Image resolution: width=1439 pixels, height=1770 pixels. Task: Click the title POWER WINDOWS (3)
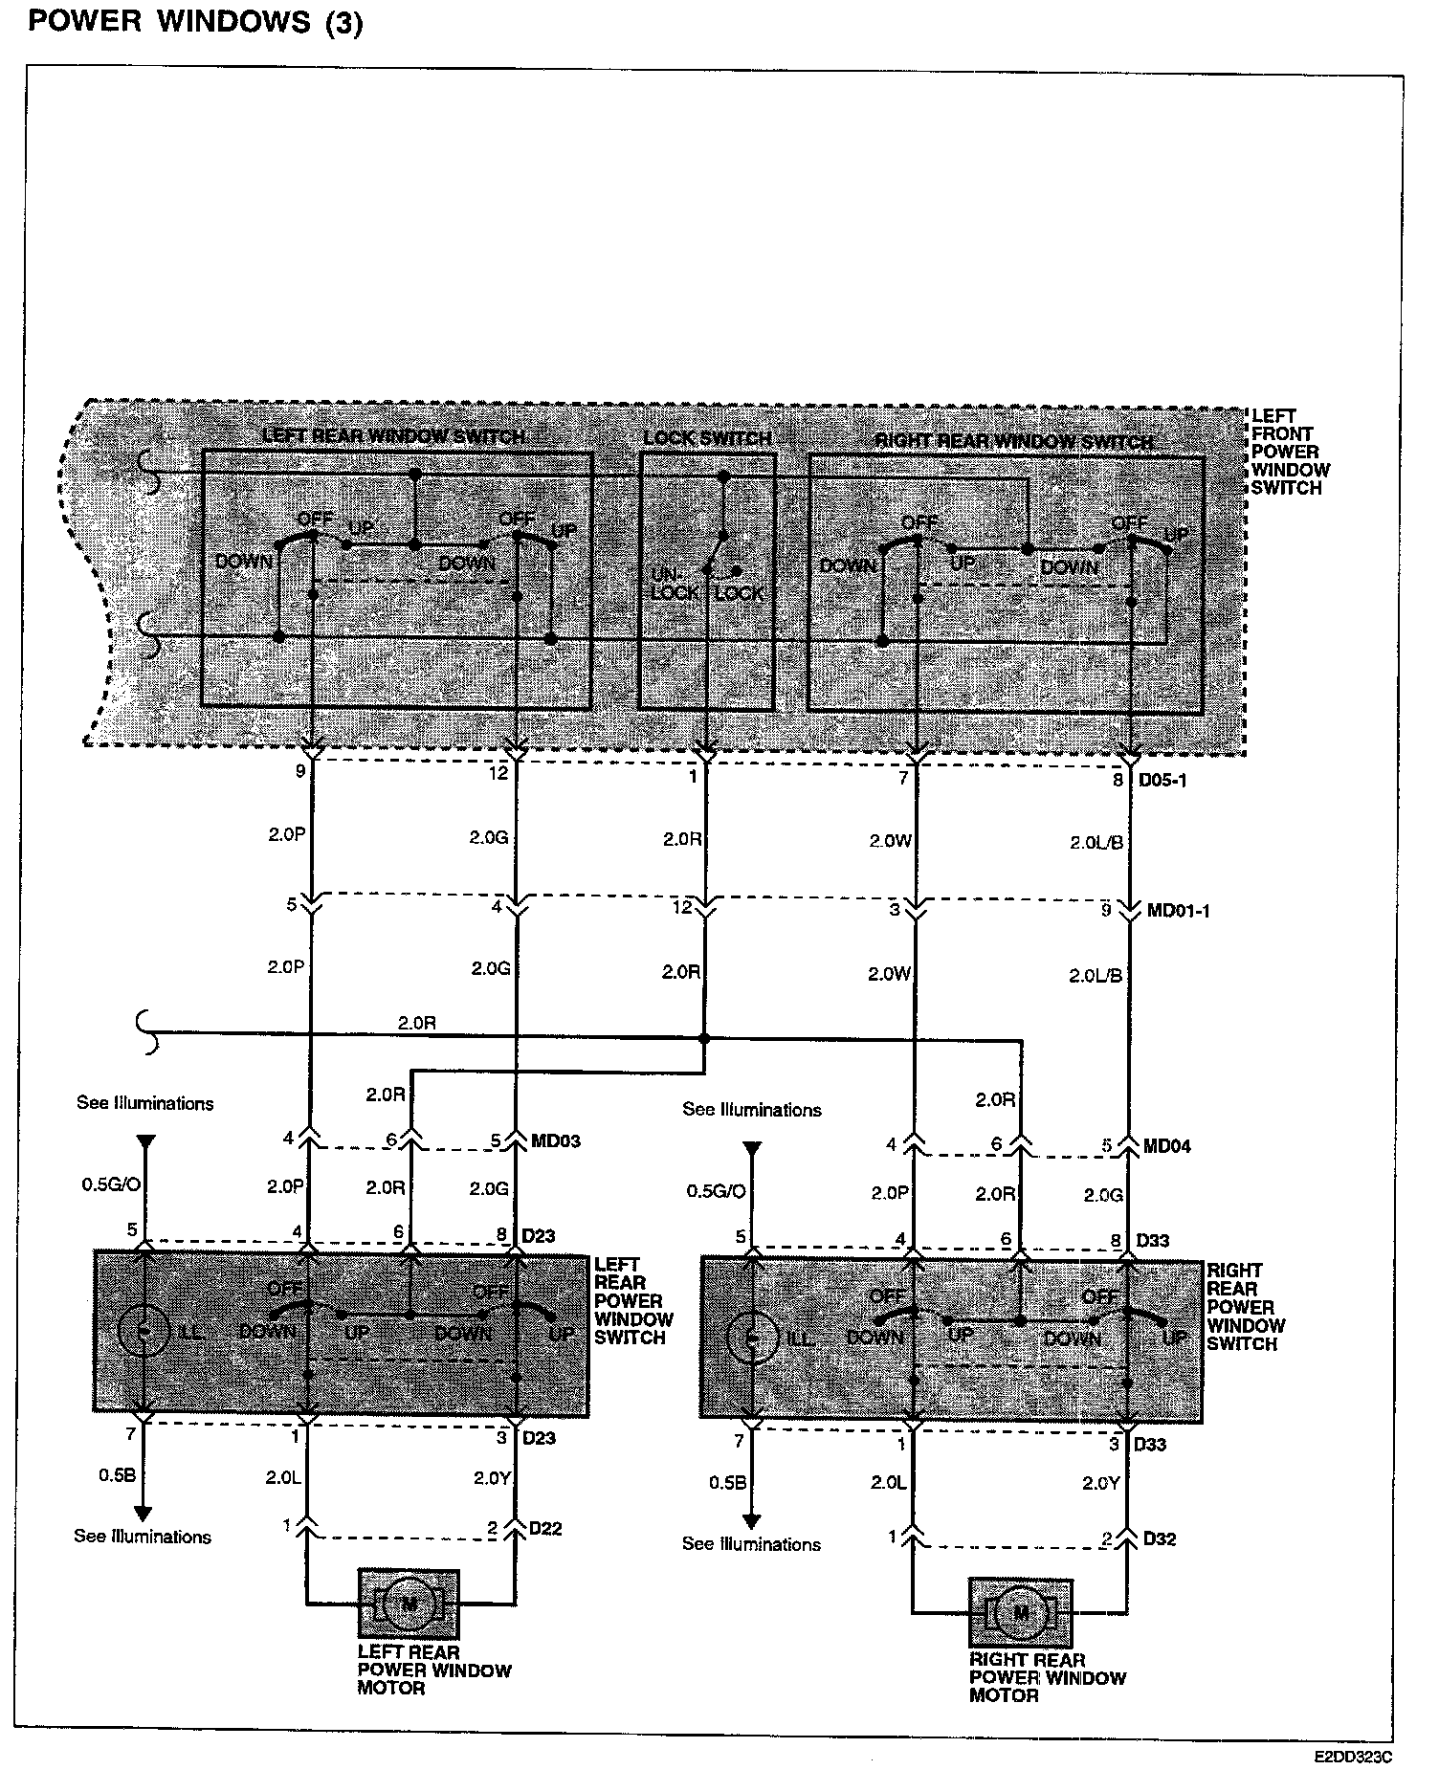click(x=196, y=22)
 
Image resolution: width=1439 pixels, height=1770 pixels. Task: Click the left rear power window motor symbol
click(x=409, y=1603)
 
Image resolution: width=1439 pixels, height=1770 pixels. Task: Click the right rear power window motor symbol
click(x=1020, y=1613)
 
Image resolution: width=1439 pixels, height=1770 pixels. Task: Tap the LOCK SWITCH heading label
click(x=707, y=439)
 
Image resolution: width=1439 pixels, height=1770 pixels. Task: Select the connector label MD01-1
click(x=1178, y=911)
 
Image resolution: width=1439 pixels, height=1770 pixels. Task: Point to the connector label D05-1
click(x=1162, y=780)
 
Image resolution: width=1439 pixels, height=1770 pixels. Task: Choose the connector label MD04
click(x=1167, y=1145)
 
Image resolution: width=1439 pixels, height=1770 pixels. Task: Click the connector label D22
click(x=545, y=1529)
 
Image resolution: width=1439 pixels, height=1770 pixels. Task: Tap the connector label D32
click(x=1160, y=1539)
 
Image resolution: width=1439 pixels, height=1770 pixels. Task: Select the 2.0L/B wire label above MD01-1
click(x=1096, y=843)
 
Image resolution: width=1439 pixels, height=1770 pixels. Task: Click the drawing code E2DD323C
click(x=1353, y=1757)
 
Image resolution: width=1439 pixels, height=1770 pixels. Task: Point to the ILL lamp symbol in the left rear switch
click(x=143, y=1331)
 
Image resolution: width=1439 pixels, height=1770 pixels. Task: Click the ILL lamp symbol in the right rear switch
click(x=753, y=1338)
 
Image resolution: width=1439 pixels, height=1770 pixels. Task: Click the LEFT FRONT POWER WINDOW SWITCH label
click(x=1290, y=452)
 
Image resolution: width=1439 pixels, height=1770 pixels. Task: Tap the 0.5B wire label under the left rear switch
click(x=117, y=1474)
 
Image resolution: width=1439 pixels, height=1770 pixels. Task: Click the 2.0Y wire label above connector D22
click(x=492, y=1478)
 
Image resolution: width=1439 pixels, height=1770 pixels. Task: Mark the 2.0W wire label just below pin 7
click(x=890, y=841)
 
